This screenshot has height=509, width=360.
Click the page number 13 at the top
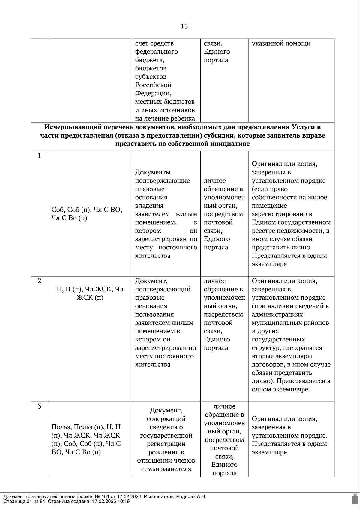point(184,26)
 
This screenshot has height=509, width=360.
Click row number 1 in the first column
point(39,156)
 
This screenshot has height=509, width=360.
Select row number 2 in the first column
point(39,281)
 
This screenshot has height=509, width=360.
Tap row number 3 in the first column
point(39,406)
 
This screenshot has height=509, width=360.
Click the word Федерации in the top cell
point(153,93)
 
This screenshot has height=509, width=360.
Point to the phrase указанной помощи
point(281,43)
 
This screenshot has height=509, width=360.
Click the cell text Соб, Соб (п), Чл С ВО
point(87,210)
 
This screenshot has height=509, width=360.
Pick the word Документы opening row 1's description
point(153,172)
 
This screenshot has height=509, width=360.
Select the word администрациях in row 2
point(277,314)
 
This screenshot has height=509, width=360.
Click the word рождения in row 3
point(166,452)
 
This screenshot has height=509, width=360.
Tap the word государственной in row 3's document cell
point(166,435)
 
